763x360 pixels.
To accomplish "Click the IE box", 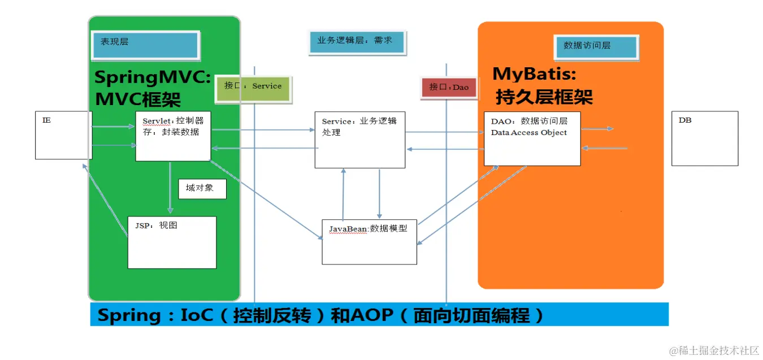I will click(x=63, y=135).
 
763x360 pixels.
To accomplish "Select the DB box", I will click(x=704, y=138).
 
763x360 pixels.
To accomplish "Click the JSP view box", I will click(x=172, y=242).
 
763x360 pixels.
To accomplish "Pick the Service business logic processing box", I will click(x=359, y=140).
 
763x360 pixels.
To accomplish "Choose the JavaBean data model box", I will click(x=369, y=241).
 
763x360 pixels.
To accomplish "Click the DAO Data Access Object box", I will click(x=532, y=138).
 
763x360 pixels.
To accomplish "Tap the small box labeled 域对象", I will click(x=202, y=189).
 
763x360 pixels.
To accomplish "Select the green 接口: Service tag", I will click(x=254, y=89).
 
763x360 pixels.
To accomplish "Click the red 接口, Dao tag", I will click(x=448, y=88).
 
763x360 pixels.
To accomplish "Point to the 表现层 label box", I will click(x=145, y=45).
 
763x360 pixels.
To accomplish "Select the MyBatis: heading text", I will click(x=534, y=74).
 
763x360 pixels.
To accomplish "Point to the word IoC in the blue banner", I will click(x=195, y=315).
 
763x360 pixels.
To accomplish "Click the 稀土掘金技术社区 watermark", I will click(x=714, y=350).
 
